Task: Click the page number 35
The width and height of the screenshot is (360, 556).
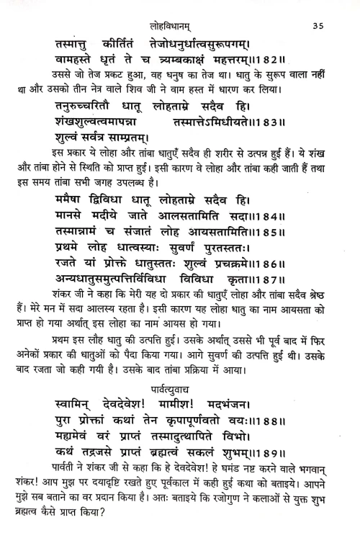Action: pyautogui.click(x=320, y=27)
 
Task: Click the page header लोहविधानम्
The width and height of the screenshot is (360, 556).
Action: pyautogui.click(x=179, y=27)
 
